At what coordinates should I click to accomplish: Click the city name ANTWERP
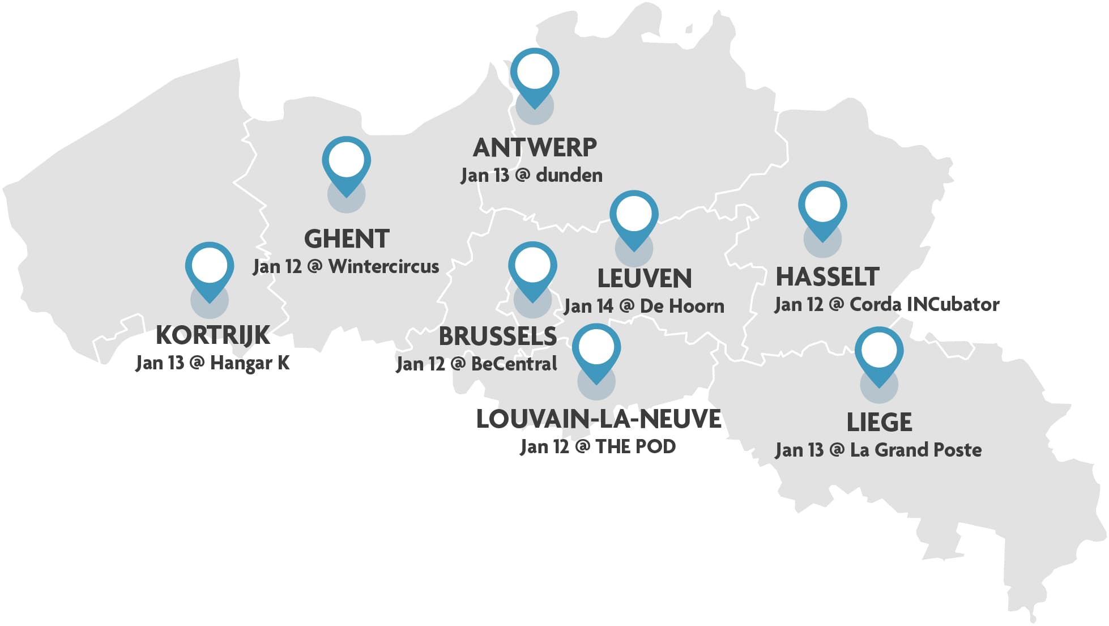click(535, 148)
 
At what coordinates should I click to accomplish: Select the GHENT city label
click(347, 239)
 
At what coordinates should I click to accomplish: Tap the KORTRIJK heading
click(213, 335)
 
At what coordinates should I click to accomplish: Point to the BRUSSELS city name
click(498, 337)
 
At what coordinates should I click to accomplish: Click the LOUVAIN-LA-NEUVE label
click(599, 419)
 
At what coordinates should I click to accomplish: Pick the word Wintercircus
click(383, 266)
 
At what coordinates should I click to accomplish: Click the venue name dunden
click(569, 175)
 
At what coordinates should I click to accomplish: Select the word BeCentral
click(514, 364)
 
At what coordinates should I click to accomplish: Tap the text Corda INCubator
click(924, 304)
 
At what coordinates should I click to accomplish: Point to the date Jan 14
click(588, 306)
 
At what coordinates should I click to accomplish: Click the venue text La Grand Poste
click(916, 450)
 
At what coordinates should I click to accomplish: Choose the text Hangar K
click(250, 363)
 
